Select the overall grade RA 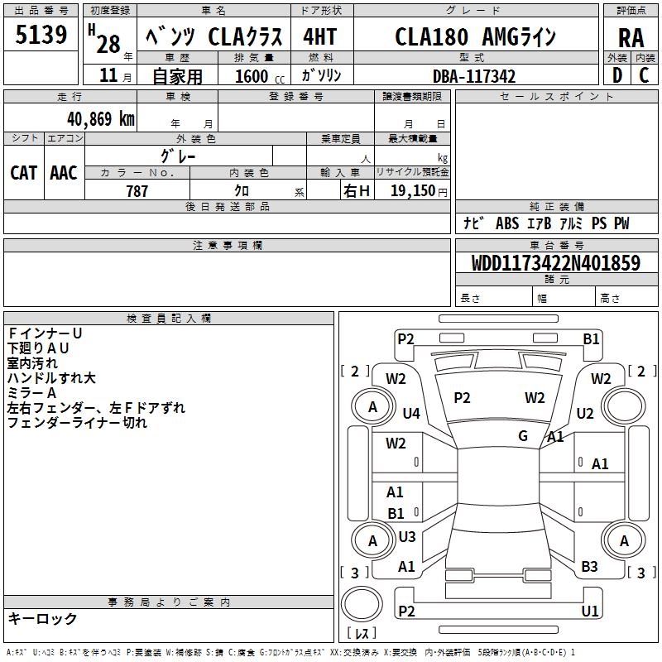(x=631, y=38)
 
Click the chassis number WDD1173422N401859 (x=555, y=264)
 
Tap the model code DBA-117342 (x=474, y=76)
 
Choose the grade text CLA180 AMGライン (x=474, y=37)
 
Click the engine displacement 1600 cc (x=252, y=76)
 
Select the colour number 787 (x=137, y=191)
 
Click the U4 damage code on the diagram (x=411, y=413)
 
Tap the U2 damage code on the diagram (x=585, y=413)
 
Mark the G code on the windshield (x=523, y=436)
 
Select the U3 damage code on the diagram (x=407, y=537)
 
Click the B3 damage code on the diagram (x=589, y=567)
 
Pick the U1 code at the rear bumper (x=590, y=611)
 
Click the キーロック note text (x=42, y=618)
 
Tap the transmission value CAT (x=23, y=172)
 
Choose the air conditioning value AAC (x=64, y=172)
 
